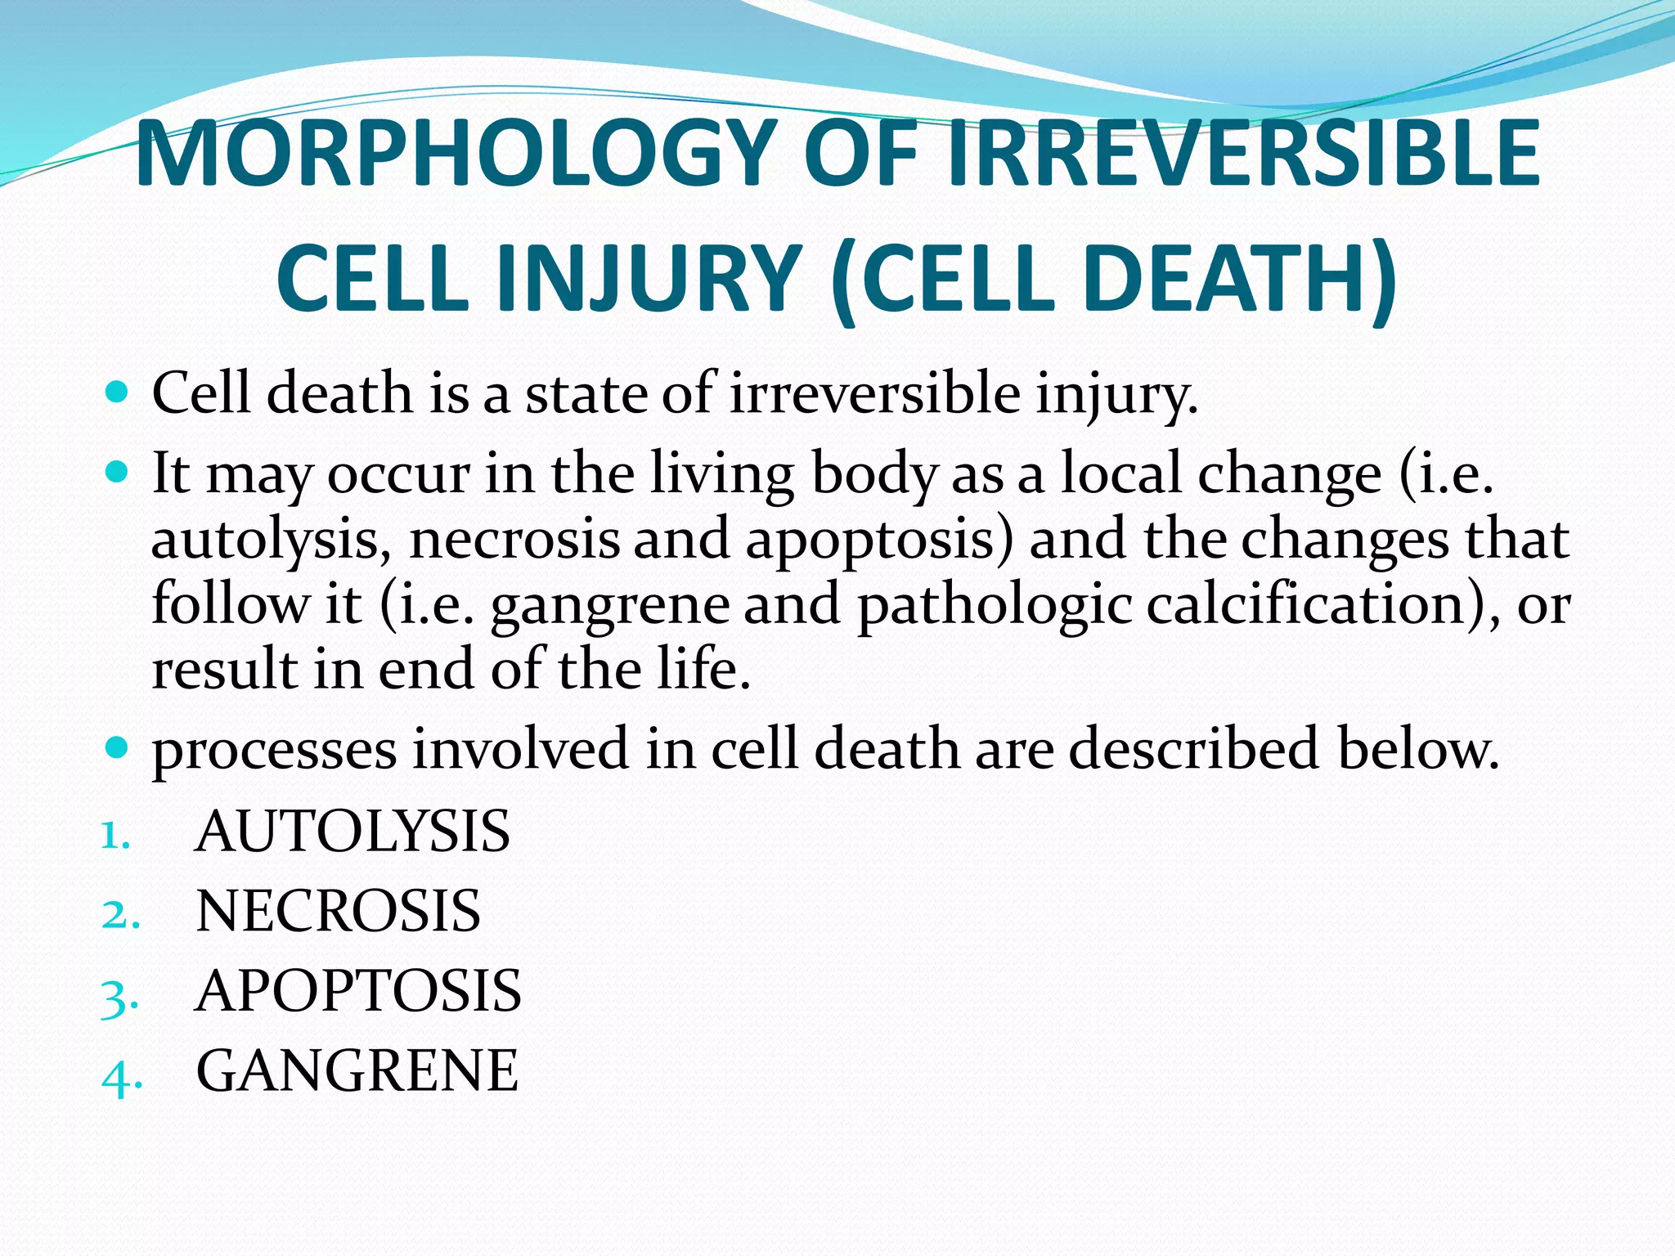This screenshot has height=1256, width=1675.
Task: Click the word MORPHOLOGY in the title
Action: click(x=454, y=154)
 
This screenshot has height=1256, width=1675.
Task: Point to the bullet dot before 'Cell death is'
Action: click(x=118, y=392)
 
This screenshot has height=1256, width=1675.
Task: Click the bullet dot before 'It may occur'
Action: click(x=118, y=473)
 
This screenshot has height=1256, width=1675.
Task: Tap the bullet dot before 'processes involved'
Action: click(x=118, y=747)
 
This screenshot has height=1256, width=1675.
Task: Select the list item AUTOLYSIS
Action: click(x=353, y=831)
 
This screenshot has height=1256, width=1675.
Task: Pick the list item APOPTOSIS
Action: click(x=358, y=990)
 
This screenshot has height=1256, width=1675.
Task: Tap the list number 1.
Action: click(x=115, y=836)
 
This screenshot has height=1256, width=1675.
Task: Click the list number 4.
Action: click(x=121, y=1077)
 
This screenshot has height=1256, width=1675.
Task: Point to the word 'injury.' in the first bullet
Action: click(x=1116, y=394)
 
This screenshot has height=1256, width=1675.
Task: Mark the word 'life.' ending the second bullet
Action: click(x=703, y=669)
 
